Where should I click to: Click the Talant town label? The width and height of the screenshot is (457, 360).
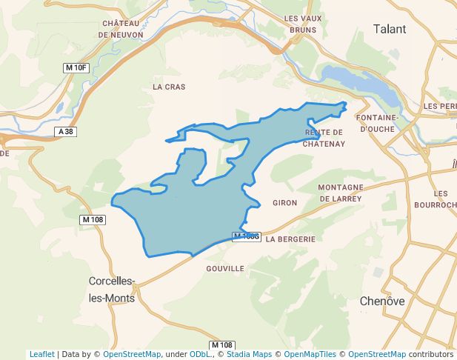pyautogui.click(x=390, y=29)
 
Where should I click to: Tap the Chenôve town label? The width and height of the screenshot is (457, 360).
pyautogui.click(x=382, y=301)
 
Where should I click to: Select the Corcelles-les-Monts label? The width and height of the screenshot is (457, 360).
pyautogui.click(x=111, y=290)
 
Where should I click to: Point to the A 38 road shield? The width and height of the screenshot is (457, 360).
pyautogui.click(x=65, y=132)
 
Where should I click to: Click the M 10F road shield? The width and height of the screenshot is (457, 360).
pyautogui.click(x=76, y=68)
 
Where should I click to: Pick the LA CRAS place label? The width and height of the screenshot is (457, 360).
pyautogui.click(x=169, y=87)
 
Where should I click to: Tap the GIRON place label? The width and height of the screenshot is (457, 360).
pyautogui.click(x=285, y=202)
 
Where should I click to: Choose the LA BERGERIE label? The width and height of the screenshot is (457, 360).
pyautogui.click(x=290, y=239)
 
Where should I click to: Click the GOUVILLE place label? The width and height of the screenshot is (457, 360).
pyautogui.click(x=226, y=268)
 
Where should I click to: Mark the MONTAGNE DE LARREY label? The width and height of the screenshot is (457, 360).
pyautogui.click(x=341, y=193)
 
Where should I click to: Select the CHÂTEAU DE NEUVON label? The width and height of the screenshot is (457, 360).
pyautogui.click(x=121, y=28)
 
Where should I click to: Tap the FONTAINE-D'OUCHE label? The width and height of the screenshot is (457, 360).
pyautogui.click(x=378, y=123)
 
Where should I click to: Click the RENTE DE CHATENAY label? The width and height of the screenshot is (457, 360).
pyautogui.click(x=324, y=138)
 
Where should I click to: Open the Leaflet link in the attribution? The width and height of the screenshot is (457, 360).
pyautogui.click(x=41, y=354)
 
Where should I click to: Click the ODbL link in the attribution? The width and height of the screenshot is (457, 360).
pyautogui.click(x=201, y=354)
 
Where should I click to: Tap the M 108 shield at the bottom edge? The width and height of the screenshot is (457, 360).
pyautogui.click(x=222, y=345)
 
